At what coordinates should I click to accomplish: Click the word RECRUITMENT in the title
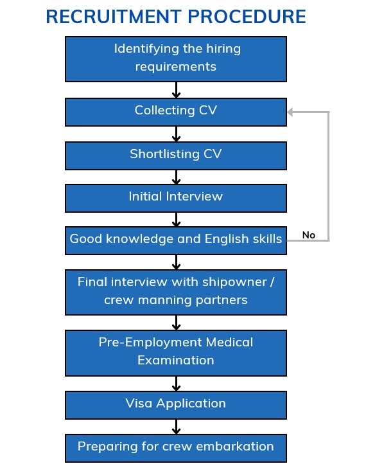114,16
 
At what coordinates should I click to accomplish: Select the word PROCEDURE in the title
247,16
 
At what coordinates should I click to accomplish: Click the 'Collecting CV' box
176,112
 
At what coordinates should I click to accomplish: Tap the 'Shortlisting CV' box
176,156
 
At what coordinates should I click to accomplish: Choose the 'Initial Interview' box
176,198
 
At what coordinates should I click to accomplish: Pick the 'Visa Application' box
176,405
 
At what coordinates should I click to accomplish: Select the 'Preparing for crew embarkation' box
176,448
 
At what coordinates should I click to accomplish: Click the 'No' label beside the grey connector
309,235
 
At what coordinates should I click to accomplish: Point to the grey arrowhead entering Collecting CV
290,112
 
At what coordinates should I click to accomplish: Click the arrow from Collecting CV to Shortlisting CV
176,134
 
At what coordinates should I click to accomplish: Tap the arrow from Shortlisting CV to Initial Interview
176,177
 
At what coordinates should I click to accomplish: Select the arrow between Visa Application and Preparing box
176,427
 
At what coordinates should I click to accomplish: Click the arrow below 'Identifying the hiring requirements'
176,90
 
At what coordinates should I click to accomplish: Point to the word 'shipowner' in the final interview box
234,282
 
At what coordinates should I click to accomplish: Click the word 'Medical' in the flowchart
229,343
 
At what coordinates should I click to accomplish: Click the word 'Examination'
176,361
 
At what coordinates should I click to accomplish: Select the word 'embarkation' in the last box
235,447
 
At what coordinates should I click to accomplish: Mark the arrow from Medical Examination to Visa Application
176,384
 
